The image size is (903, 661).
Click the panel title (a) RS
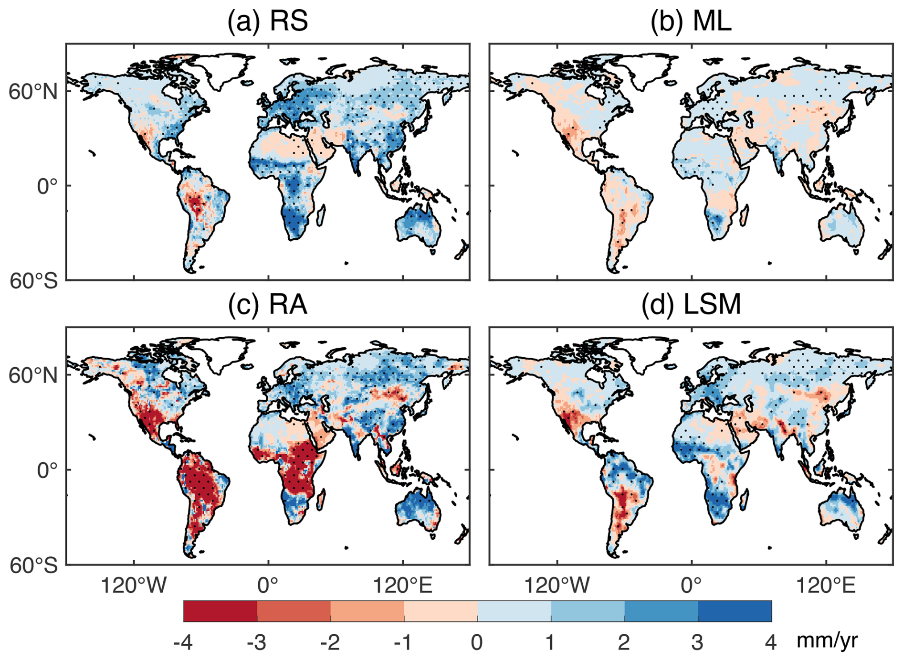(x=267, y=21)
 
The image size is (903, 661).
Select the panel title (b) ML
(x=691, y=21)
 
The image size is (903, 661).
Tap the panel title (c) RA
(x=267, y=305)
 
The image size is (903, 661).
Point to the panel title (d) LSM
(x=691, y=305)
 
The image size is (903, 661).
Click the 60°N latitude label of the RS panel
(x=32, y=92)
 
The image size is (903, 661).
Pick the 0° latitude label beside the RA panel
(x=47, y=470)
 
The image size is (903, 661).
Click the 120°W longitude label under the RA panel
(x=134, y=585)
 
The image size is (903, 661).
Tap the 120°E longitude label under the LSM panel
(x=826, y=585)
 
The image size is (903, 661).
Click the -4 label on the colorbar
(x=183, y=643)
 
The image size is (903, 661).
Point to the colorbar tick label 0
(x=477, y=643)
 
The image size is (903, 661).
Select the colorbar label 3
(x=697, y=643)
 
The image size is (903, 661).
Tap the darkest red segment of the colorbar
(x=220, y=611)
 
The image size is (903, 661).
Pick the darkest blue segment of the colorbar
(x=735, y=611)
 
